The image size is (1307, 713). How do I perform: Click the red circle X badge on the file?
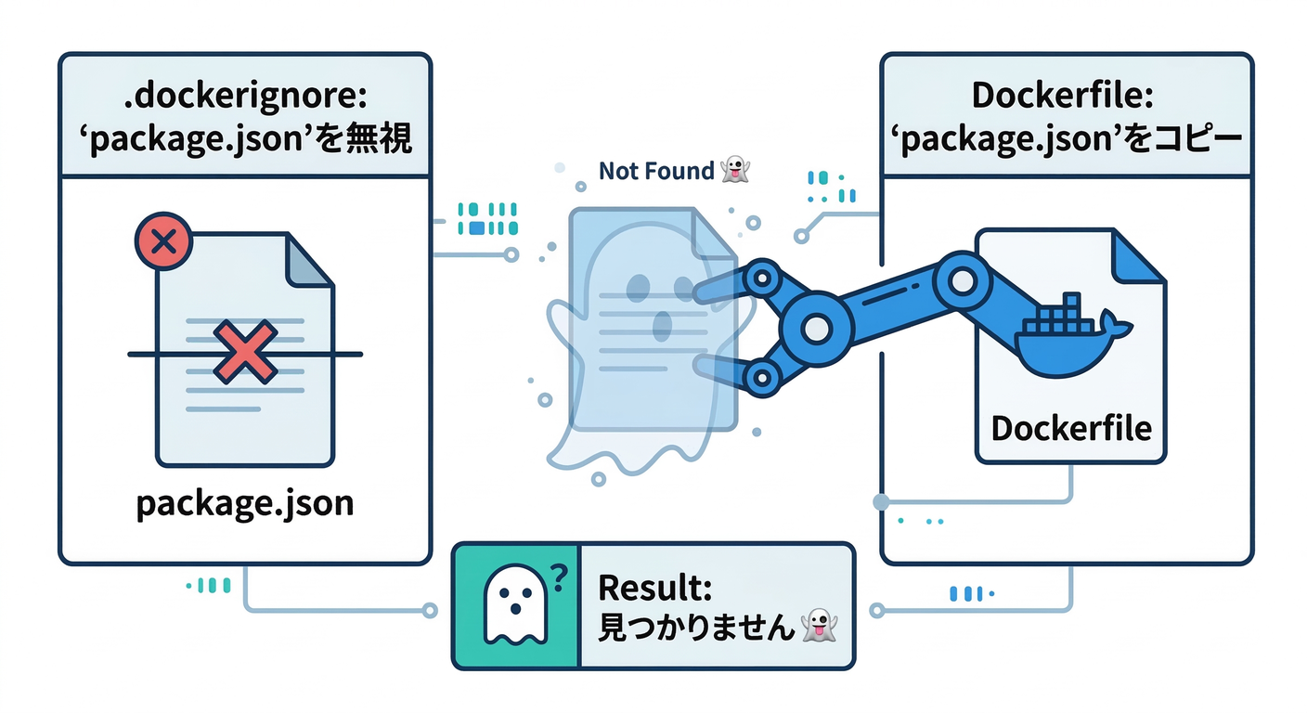(163, 243)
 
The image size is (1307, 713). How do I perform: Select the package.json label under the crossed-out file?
(245, 503)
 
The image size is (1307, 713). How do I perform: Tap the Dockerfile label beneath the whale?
(1071, 428)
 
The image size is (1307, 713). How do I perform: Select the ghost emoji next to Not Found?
(734, 170)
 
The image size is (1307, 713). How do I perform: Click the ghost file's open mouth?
(661, 325)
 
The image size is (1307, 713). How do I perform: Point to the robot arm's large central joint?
(816, 327)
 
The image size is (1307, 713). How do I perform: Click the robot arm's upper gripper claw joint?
(763, 276)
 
